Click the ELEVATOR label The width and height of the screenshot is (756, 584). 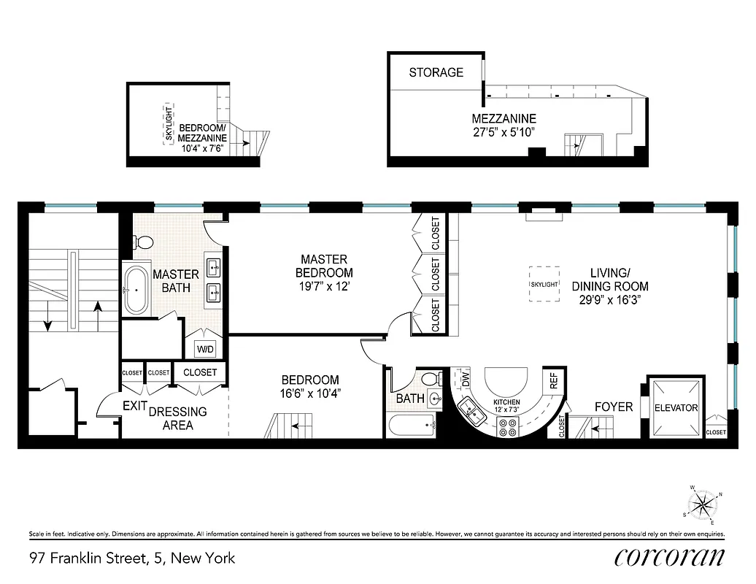(x=676, y=408)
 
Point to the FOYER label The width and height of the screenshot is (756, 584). (x=613, y=407)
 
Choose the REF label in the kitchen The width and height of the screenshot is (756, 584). (x=554, y=380)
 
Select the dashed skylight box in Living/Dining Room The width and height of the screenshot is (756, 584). (x=544, y=283)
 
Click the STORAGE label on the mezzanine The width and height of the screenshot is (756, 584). (x=436, y=72)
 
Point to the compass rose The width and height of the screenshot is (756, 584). (x=702, y=504)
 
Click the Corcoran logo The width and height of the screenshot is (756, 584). (x=669, y=557)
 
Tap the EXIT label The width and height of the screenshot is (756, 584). (x=134, y=406)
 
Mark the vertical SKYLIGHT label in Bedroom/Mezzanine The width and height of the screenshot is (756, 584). (x=169, y=125)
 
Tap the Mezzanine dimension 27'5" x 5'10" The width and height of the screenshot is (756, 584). (x=504, y=132)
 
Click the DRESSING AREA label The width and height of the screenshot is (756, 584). (x=177, y=418)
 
